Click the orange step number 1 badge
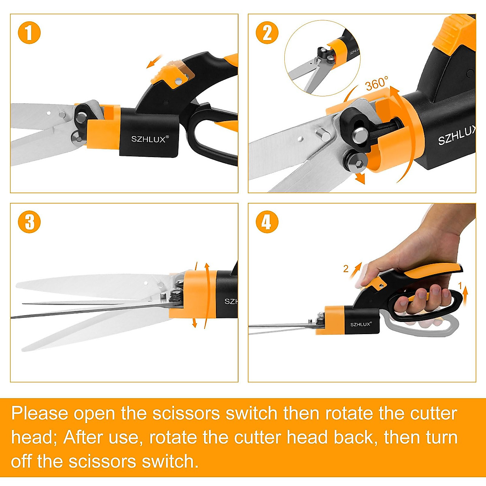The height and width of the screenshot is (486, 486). [29, 33]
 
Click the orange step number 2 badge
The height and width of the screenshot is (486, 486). [267, 33]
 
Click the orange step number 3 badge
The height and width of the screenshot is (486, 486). [29, 222]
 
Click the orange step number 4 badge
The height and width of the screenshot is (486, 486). [267, 222]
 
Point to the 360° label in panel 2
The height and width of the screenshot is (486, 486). [377, 84]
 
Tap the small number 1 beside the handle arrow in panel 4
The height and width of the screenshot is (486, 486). [460, 286]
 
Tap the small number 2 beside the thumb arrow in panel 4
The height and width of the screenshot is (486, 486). [345, 269]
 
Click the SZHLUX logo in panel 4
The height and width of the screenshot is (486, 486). [360, 324]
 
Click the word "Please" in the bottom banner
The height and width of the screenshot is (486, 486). [40, 414]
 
